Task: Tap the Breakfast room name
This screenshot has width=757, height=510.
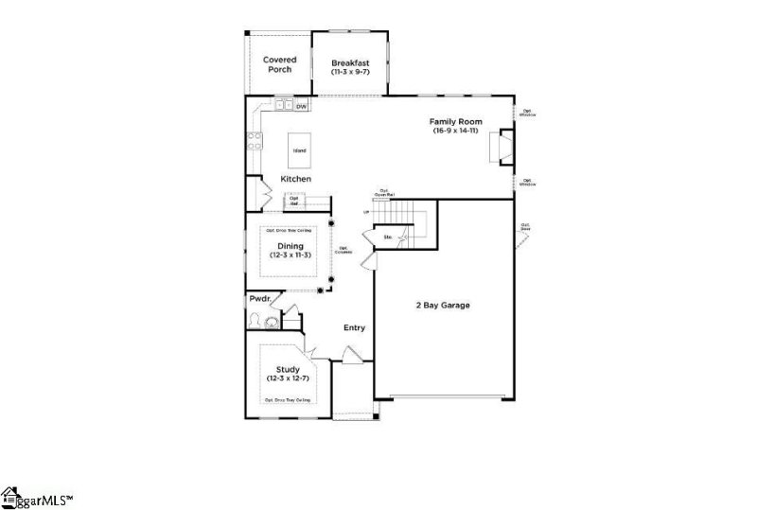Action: coord(350,62)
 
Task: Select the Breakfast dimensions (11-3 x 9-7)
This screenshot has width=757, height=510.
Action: coord(350,72)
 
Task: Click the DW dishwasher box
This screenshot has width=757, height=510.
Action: coord(301,107)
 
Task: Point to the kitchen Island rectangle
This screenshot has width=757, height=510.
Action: coord(299,150)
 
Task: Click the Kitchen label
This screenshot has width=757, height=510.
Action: coord(296,179)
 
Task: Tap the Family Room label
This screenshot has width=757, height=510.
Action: coord(456,122)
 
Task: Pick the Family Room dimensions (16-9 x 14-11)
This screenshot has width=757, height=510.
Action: coord(456,132)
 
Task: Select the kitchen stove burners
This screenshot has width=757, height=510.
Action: coord(254,142)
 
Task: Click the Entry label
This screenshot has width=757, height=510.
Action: coord(354,328)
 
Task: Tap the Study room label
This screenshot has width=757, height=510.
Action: coord(288,369)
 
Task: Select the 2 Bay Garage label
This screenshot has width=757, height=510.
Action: coord(443,306)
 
